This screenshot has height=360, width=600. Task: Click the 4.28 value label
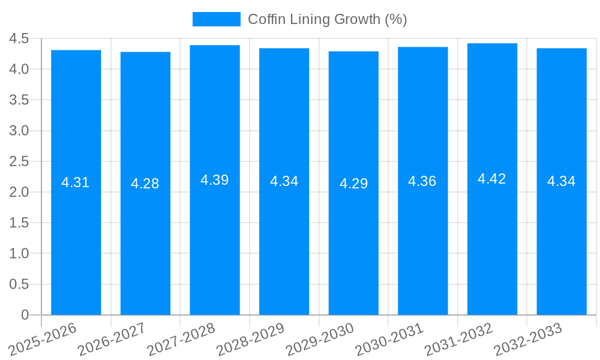(x=145, y=184)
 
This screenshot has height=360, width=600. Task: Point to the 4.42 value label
(x=492, y=179)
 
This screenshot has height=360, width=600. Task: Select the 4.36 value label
(x=422, y=181)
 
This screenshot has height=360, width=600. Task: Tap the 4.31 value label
(x=76, y=182)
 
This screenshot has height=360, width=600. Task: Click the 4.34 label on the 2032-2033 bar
(x=562, y=181)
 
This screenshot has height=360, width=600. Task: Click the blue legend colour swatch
(x=216, y=19)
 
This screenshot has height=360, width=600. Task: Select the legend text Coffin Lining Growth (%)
(x=328, y=19)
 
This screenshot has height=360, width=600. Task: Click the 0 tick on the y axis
(x=25, y=315)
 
